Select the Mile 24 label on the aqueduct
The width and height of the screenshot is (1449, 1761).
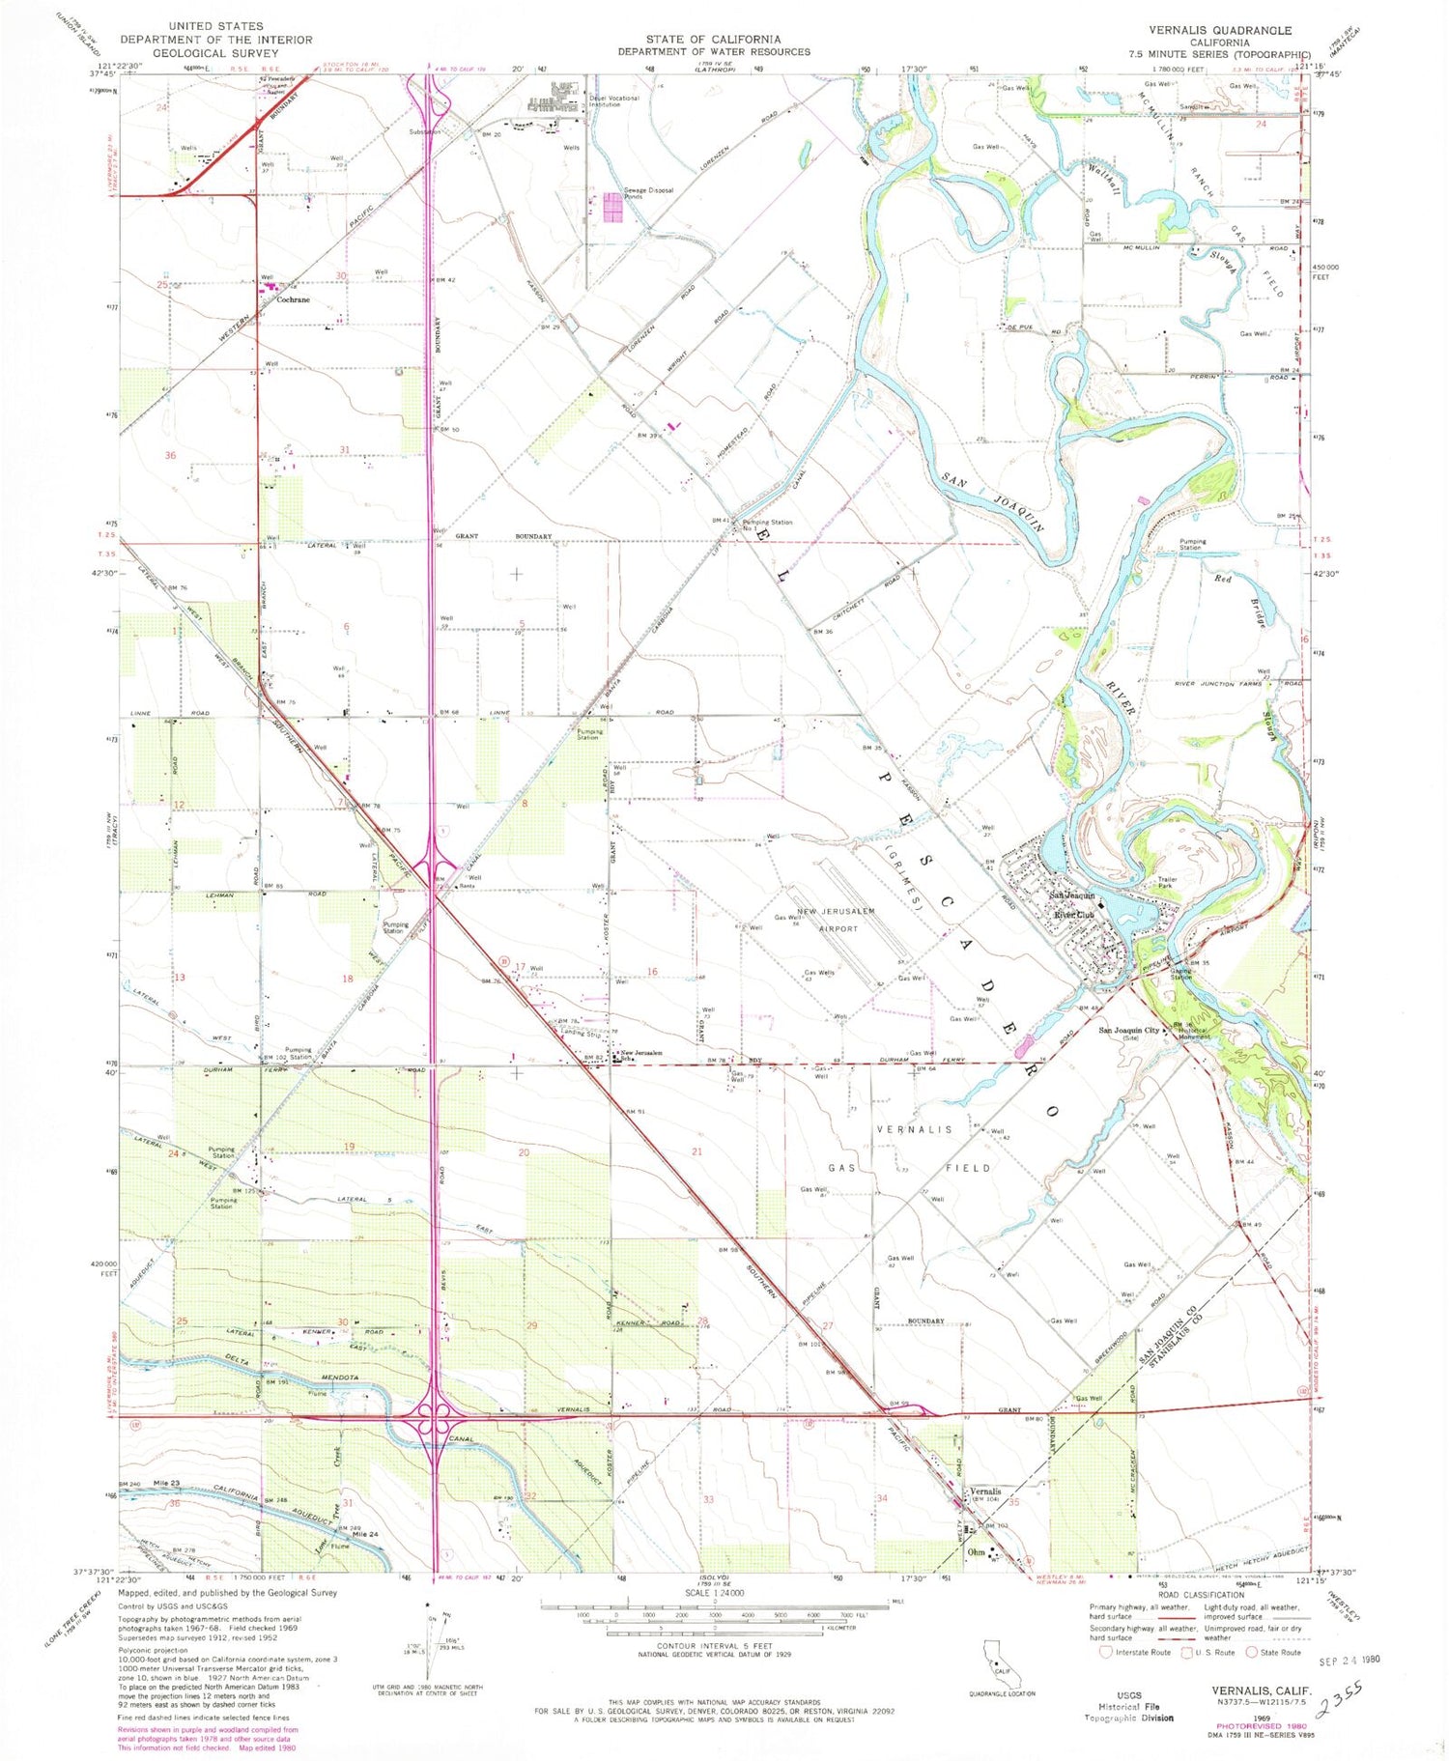[364, 1534]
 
